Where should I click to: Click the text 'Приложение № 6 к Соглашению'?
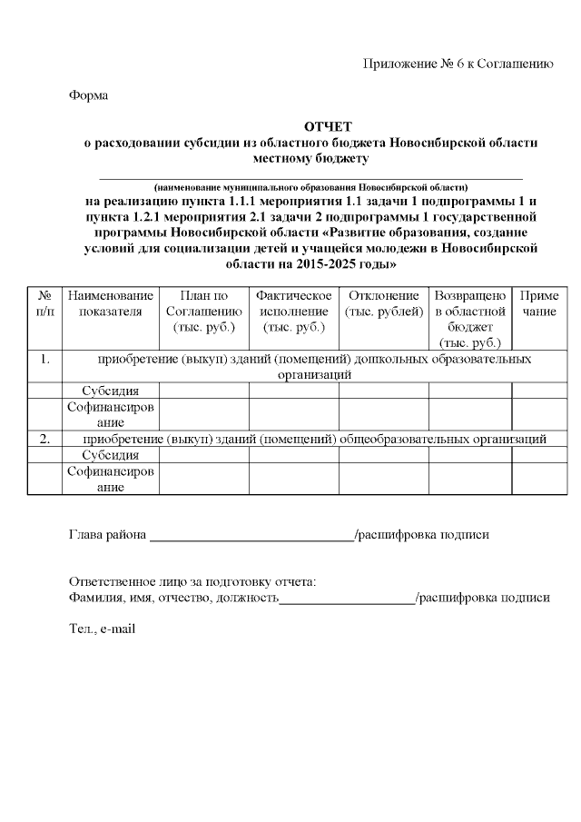click(458, 63)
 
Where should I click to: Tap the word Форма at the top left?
click(88, 94)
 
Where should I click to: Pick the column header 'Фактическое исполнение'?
click(293, 312)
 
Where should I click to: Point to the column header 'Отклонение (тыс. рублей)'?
click(383, 304)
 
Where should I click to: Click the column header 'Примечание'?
click(538, 304)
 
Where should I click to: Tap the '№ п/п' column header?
click(44, 304)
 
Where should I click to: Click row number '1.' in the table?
click(44, 359)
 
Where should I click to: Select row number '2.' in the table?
click(44, 440)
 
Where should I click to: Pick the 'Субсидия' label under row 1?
click(111, 391)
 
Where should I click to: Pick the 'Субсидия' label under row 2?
click(111, 455)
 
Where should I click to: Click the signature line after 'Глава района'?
click(251, 536)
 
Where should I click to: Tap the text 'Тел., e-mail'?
click(103, 629)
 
